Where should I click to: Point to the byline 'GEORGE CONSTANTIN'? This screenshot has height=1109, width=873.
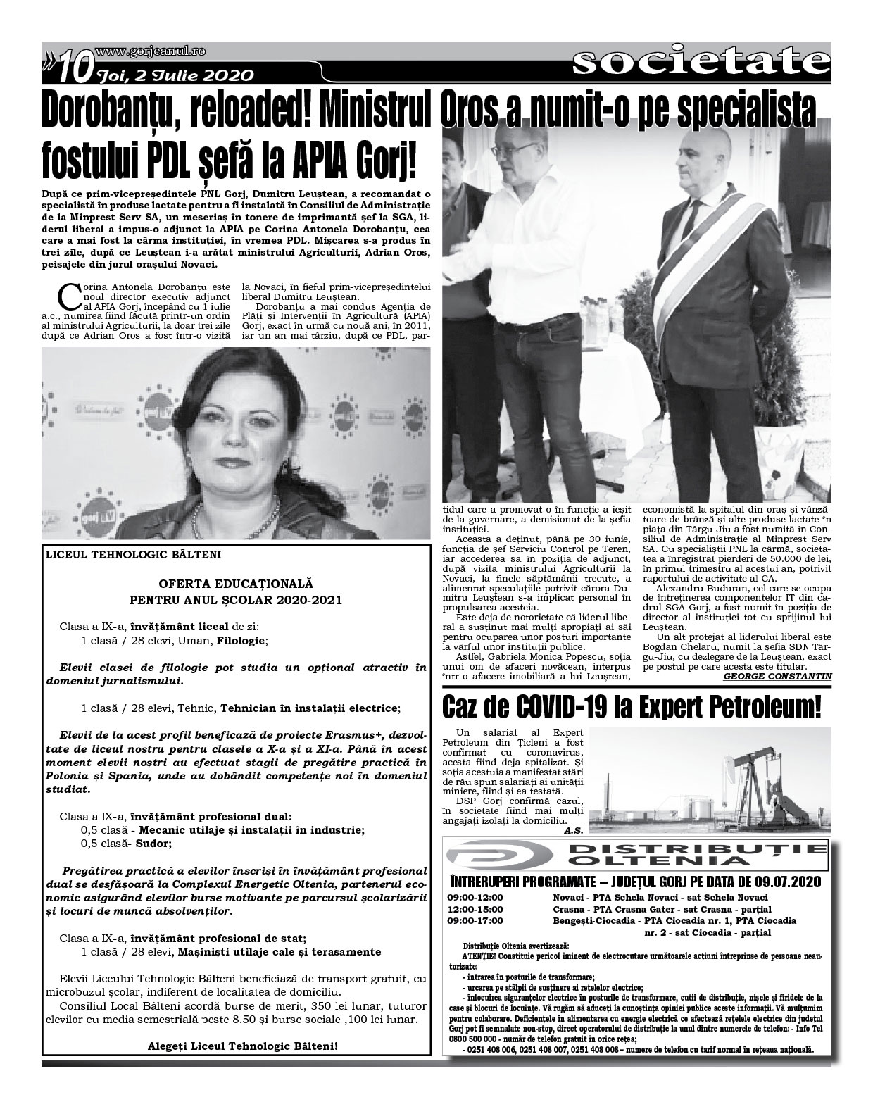point(777,676)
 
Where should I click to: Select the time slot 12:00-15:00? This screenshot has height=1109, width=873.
point(475,908)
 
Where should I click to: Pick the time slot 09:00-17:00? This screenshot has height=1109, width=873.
point(475,920)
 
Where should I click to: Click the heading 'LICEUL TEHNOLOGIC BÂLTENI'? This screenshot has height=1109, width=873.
point(133,554)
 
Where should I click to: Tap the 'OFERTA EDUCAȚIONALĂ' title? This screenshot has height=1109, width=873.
point(236,584)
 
